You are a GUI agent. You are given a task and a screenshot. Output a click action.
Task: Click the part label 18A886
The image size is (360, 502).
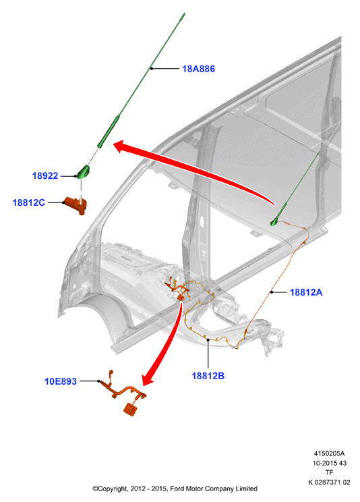click(x=198, y=69)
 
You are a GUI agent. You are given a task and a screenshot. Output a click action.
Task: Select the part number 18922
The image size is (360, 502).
click(x=45, y=175)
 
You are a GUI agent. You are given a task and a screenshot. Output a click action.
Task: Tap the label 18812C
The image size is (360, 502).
click(x=28, y=202)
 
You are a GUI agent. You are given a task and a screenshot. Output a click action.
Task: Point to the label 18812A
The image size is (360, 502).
click(x=306, y=292)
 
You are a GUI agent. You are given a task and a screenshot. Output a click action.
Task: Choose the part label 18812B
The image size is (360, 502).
click(x=208, y=376)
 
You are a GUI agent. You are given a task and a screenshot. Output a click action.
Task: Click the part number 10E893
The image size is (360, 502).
click(x=61, y=381)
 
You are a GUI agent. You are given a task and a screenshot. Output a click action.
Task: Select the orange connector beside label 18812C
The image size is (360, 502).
click(x=76, y=206)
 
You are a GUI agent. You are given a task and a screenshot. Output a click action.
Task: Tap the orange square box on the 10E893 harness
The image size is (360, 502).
click(x=130, y=410)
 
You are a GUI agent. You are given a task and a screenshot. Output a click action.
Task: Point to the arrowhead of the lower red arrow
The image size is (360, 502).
click(x=148, y=379)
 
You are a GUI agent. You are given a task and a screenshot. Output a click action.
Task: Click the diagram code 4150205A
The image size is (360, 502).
click(x=329, y=453)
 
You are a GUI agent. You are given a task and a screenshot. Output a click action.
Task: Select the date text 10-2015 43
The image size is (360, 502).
click(x=329, y=463)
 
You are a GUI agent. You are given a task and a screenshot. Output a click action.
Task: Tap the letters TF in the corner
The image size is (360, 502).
click(x=329, y=472)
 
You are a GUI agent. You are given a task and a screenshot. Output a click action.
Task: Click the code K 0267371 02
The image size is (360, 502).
click(x=329, y=482)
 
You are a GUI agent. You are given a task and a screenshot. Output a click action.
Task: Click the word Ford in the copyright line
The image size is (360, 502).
click(x=177, y=489)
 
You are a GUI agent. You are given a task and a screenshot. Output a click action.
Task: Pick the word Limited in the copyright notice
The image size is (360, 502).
click(x=246, y=489)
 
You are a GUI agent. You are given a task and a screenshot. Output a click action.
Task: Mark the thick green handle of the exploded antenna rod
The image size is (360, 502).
click(x=109, y=132)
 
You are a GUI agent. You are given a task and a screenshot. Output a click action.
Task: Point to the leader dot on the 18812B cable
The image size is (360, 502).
click(x=208, y=339)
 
